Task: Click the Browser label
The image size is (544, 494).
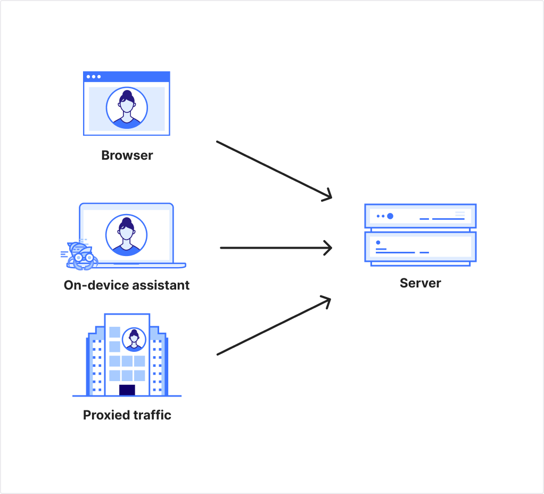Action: [x=127, y=155]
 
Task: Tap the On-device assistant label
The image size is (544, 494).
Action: [x=127, y=285]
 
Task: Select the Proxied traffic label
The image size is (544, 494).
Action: [x=127, y=415]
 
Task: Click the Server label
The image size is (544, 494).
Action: [x=420, y=283]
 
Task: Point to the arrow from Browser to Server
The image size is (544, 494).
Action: [x=274, y=170]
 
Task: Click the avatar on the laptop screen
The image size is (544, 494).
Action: [x=127, y=235]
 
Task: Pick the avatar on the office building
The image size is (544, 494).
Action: [x=134, y=340]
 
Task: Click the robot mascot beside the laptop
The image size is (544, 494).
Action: [x=80, y=255]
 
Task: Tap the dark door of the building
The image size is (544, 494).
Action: [x=127, y=390]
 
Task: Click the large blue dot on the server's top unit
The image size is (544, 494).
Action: [x=390, y=216]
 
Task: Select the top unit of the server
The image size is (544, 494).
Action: [x=420, y=216]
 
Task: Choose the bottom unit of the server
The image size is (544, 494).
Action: [x=420, y=247]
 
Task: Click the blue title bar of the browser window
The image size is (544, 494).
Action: [x=127, y=77]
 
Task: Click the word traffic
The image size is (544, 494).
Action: [x=151, y=415]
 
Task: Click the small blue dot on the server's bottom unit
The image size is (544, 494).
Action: [x=378, y=243]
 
